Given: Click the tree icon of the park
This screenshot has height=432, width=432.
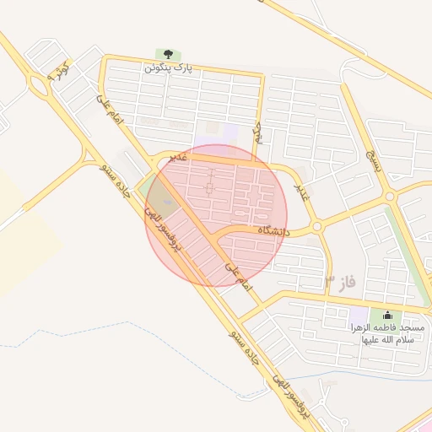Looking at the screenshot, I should pos(162,55).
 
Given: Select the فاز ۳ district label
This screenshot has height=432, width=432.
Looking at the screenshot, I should pos(340,279).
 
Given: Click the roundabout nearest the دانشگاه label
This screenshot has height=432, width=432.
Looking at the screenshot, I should pos(317,226).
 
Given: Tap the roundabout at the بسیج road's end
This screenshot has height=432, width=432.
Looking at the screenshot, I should pos(390,197).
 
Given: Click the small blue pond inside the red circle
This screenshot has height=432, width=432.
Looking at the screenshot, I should pos(165,202).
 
